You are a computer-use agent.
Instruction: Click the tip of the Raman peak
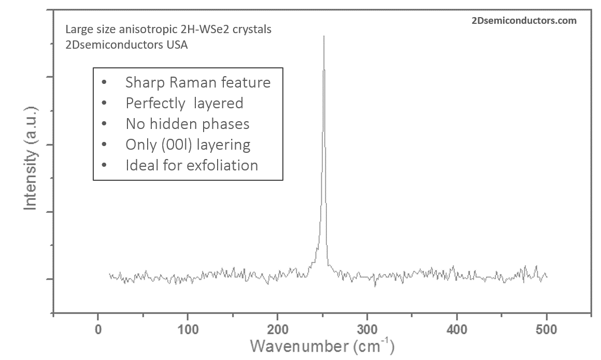pyautogui.click(x=324, y=36)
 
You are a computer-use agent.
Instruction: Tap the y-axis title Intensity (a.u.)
pyautogui.click(x=31, y=157)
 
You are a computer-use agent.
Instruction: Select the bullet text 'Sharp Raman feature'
pyautogui.click(x=198, y=82)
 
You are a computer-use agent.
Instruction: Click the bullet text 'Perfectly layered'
pyautogui.click(x=184, y=103)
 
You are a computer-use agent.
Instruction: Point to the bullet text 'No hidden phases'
pyautogui.click(x=187, y=124)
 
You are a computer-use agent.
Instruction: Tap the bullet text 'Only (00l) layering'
pyautogui.click(x=188, y=145)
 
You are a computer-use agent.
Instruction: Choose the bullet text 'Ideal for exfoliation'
pyautogui.click(x=192, y=165)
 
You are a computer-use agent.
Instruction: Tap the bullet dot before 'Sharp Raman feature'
pyautogui.click(x=105, y=83)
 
